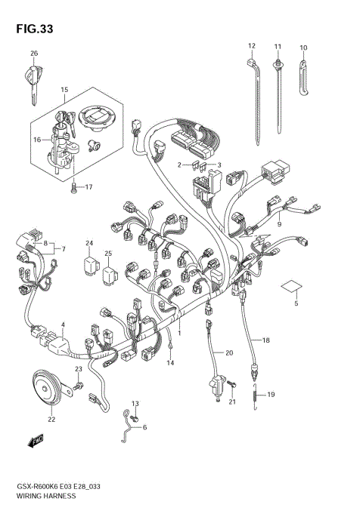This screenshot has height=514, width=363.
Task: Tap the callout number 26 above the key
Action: click(x=33, y=54)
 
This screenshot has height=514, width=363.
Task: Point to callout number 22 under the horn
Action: click(x=51, y=420)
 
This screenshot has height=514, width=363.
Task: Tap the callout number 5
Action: click(x=296, y=303)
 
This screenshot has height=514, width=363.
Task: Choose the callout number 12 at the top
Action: click(x=252, y=46)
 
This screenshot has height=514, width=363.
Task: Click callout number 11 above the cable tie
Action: click(x=278, y=46)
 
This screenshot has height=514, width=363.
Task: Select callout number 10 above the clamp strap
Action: click(x=303, y=48)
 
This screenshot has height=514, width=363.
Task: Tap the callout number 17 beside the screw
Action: click(x=88, y=187)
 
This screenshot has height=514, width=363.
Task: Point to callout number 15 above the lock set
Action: click(x=64, y=90)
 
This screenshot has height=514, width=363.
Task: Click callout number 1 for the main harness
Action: click(x=179, y=332)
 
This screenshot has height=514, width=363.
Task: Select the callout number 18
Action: click(x=265, y=341)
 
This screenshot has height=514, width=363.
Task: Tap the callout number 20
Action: click(x=229, y=352)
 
